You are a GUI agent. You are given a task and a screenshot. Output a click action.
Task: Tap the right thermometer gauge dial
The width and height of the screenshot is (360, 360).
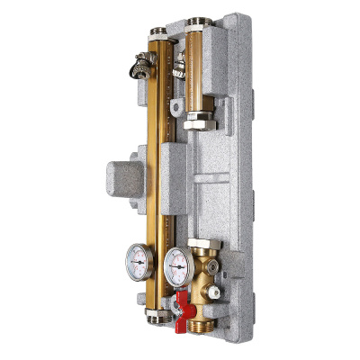point(176,262)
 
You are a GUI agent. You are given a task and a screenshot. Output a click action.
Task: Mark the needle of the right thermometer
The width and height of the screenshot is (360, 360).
point(177,263)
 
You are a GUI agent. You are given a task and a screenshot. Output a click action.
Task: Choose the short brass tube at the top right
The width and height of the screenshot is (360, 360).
point(198,67)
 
